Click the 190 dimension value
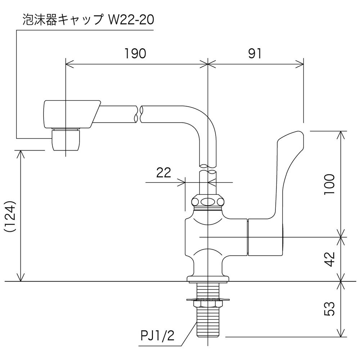coord(135,54)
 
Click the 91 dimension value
coord(255,54)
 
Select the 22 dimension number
coord(164,173)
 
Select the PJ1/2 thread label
coord(158,336)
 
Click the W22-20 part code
coord(131,20)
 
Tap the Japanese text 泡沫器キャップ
coord(62,20)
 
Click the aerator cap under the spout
coord(67,140)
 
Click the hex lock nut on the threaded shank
coord(208,304)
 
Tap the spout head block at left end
coord(72,114)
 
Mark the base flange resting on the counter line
coord(208,279)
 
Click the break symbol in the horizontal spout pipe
coord(139,114)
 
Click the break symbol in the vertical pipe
coord(208,169)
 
